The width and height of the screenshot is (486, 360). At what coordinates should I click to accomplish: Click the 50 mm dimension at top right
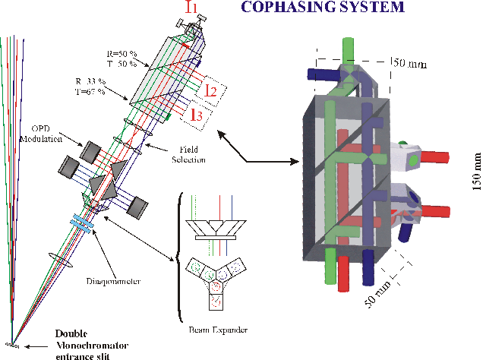click(410, 64)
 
